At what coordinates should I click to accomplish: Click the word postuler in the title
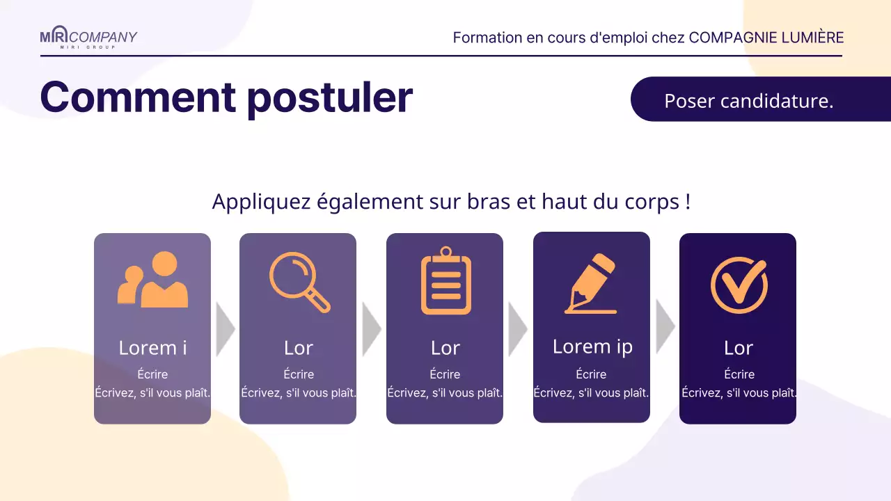pyautogui.click(x=329, y=98)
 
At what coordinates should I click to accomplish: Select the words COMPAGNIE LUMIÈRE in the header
pyautogui.click(x=766, y=38)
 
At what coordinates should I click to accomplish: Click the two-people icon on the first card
pyautogui.click(x=153, y=280)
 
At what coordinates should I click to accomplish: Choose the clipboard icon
pyautogui.click(x=445, y=281)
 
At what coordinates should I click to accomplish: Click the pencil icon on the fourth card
pyautogui.click(x=591, y=284)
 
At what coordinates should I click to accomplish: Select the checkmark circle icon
pyautogui.click(x=739, y=284)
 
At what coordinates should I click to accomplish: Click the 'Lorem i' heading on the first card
pyautogui.click(x=152, y=347)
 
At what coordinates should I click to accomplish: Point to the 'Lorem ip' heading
pyautogui.click(x=592, y=346)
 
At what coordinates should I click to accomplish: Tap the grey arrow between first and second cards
pyautogui.click(x=225, y=329)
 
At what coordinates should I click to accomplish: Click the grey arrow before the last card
pyautogui.click(x=665, y=326)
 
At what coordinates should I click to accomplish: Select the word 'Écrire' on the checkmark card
pyautogui.click(x=739, y=374)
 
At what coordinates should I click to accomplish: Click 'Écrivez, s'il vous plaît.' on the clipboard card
pyautogui.click(x=445, y=392)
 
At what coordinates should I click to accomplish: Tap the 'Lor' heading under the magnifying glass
pyautogui.click(x=299, y=347)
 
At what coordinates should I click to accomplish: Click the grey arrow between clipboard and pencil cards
pyautogui.click(x=517, y=329)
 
